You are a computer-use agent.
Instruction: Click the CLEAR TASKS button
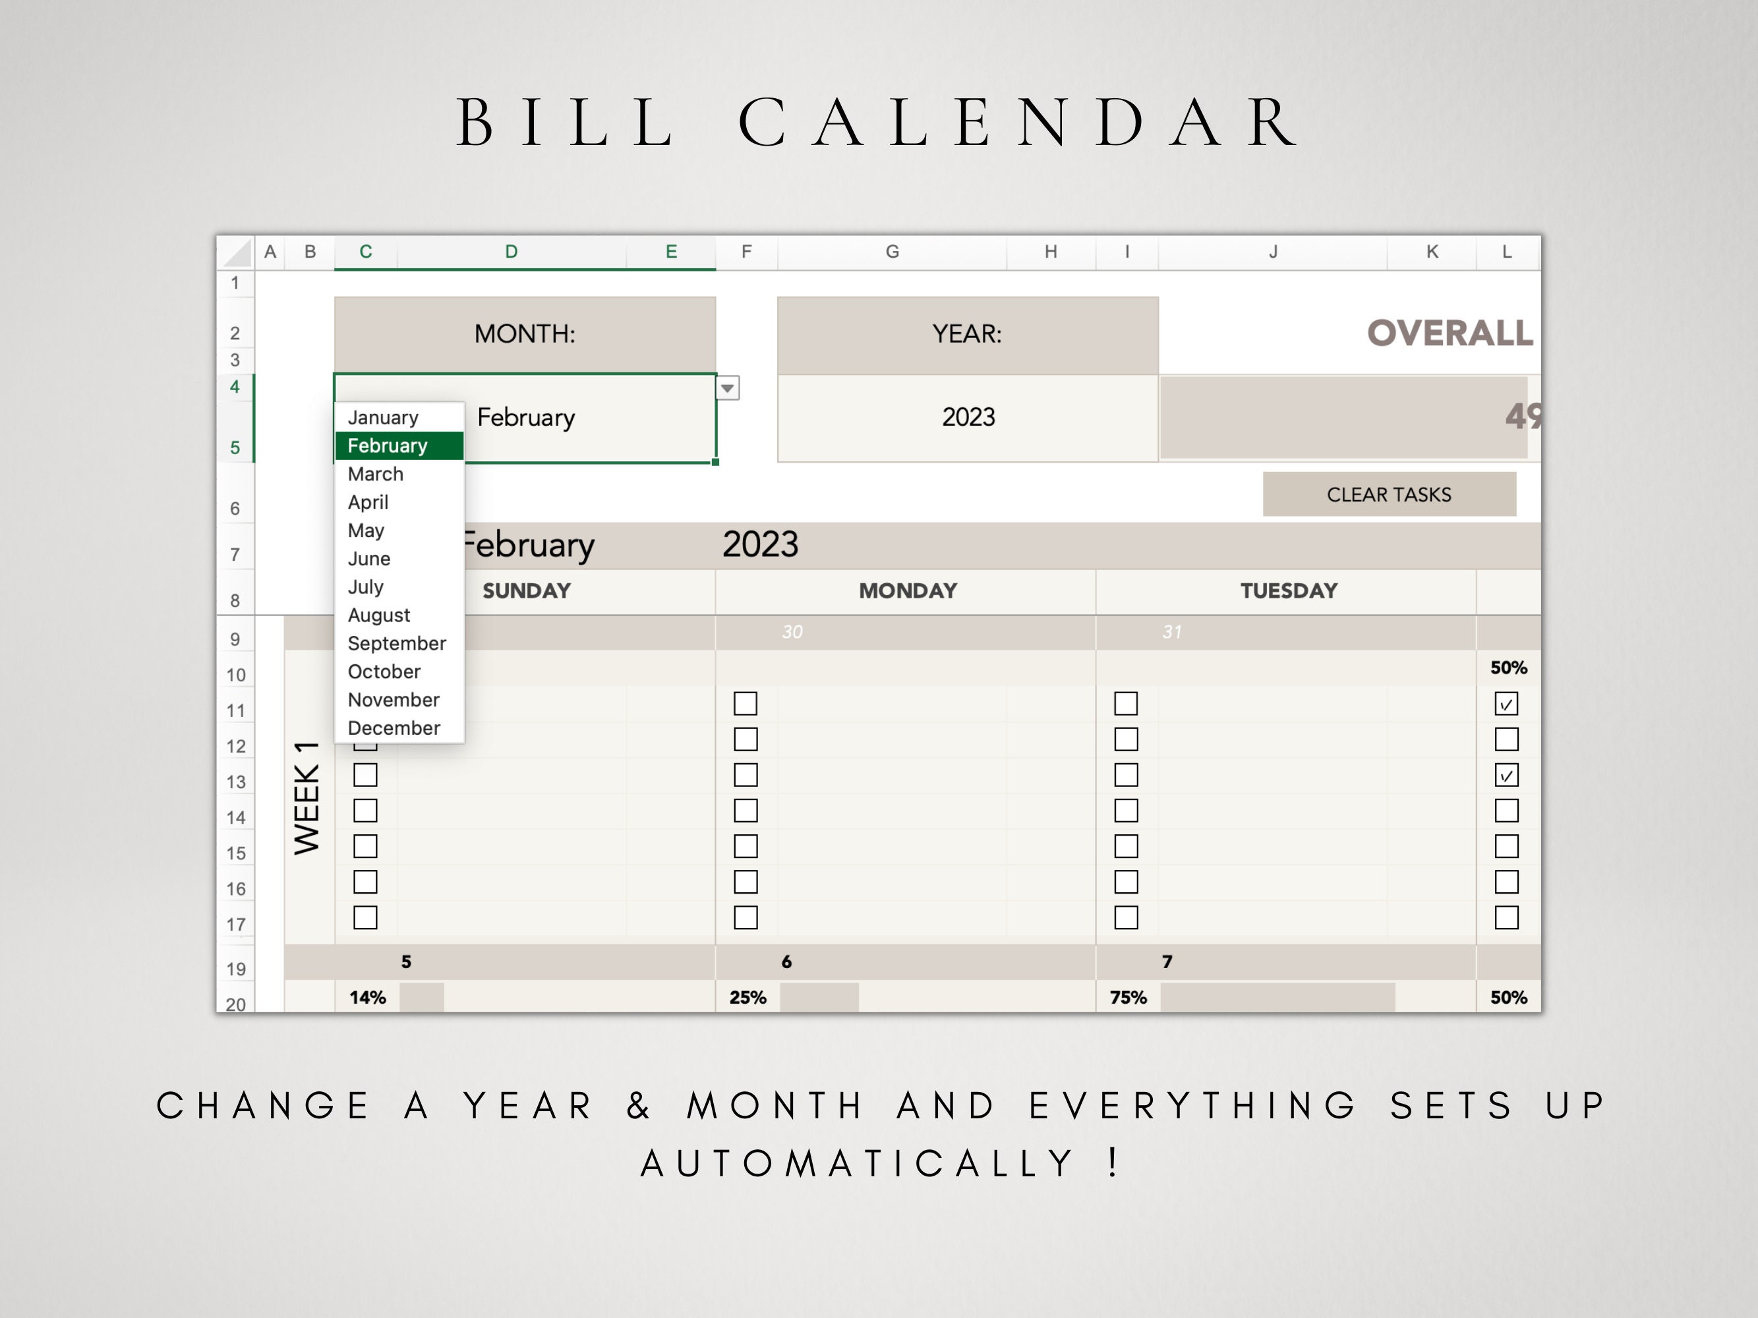(1388, 494)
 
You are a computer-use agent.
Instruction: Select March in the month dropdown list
(376, 474)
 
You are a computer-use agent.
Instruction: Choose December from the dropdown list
(394, 728)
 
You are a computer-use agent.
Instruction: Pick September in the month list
(397, 643)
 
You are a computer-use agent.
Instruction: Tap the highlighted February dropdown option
(388, 445)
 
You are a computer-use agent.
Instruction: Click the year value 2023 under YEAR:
(968, 417)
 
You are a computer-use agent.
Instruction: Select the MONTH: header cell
(525, 333)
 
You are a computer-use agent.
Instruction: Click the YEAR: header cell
(967, 333)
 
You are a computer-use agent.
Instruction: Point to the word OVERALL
(1450, 333)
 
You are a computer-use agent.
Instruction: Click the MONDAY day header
(908, 591)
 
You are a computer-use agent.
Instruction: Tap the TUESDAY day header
(1288, 591)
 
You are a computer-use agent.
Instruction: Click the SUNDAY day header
(526, 591)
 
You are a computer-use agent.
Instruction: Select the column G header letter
(892, 252)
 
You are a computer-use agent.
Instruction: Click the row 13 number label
(236, 782)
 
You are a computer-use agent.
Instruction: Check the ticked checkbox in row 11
(1506, 704)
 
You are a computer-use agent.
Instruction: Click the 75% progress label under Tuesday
(1128, 998)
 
